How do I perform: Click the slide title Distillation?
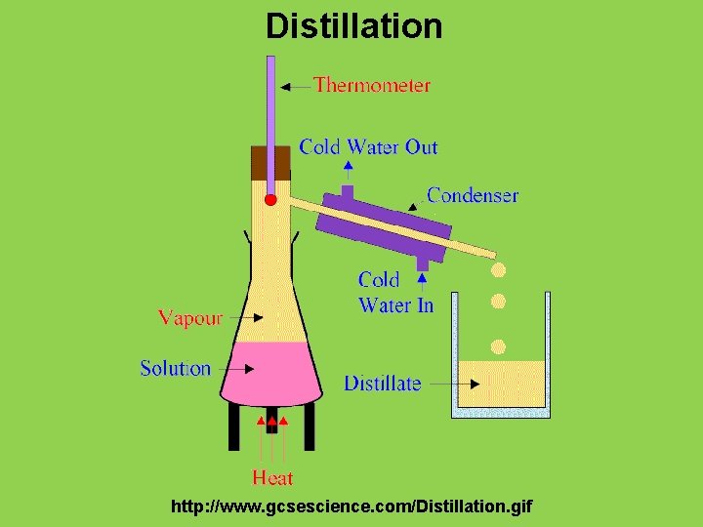tap(353, 25)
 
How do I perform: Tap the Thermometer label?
tap(371, 85)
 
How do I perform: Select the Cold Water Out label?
tap(368, 147)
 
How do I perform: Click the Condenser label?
tap(473, 195)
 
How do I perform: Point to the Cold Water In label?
tap(395, 293)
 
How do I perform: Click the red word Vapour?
tap(190, 318)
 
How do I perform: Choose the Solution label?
tap(175, 369)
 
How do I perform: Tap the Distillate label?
tap(382, 384)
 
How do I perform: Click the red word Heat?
tap(272, 477)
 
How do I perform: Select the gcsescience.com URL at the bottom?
tap(351, 507)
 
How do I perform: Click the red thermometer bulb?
tap(271, 199)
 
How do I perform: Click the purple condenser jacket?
tap(384, 224)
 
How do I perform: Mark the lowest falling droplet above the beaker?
tap(498, 345)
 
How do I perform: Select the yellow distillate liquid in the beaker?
tap(501, 383)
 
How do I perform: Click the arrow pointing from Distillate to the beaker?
tap(439, 384)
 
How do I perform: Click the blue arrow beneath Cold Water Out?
tap(349, 170)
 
